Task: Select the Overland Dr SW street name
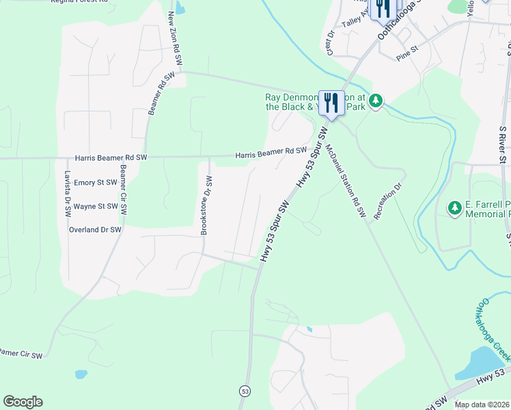95,230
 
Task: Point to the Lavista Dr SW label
68,192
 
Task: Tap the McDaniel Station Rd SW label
346,182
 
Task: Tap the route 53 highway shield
245,391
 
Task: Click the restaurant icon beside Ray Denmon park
331,103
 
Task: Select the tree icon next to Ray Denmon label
375,102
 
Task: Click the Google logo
23,402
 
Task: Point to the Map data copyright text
482,405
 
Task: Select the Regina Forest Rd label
80,2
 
